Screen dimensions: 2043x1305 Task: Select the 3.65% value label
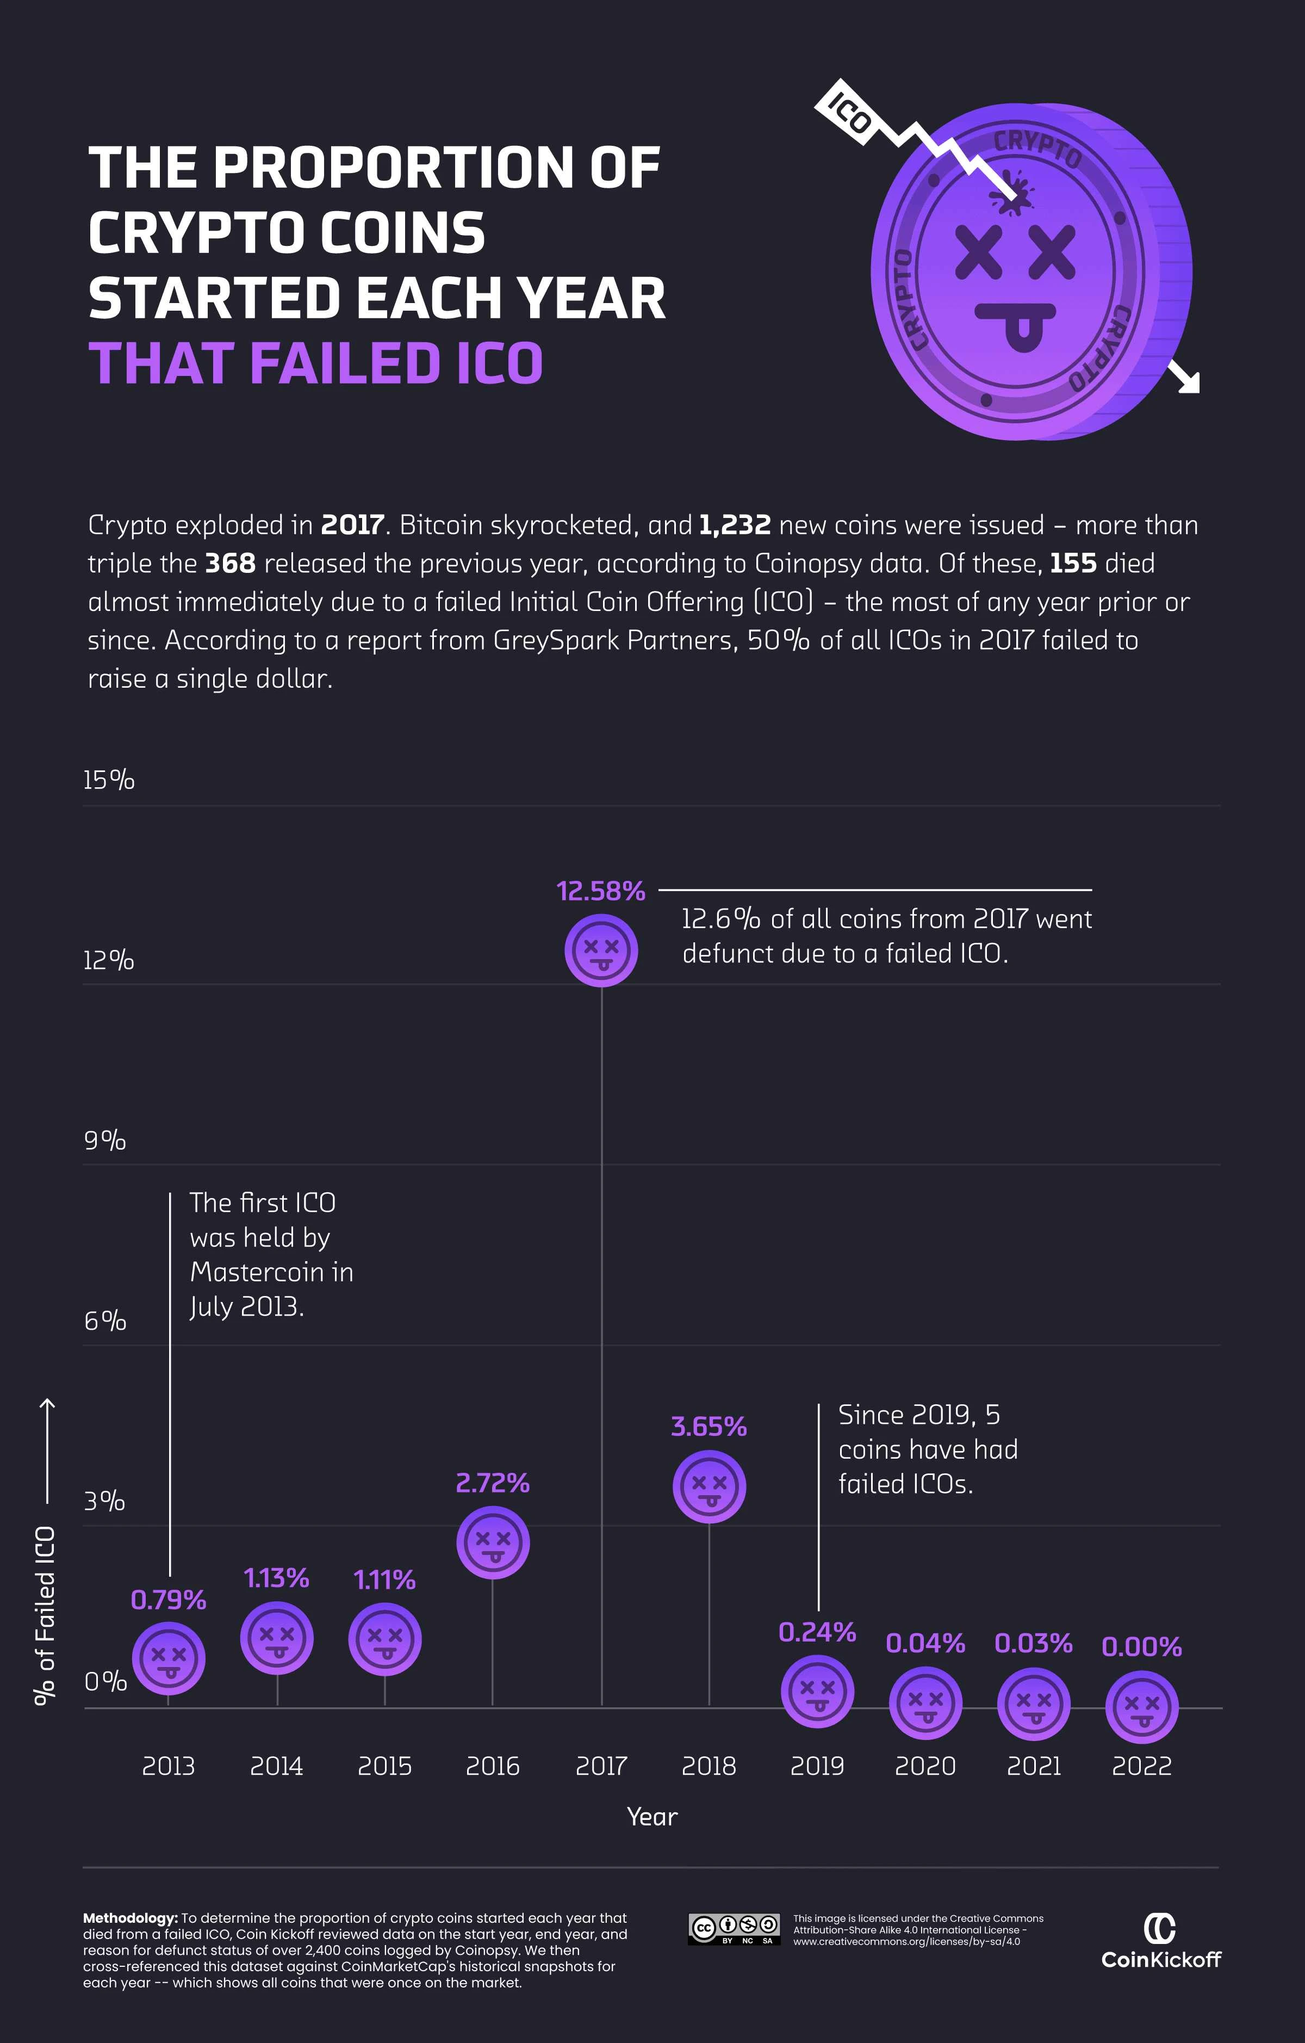[709, 1426]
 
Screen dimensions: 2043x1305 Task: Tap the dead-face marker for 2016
[493, 1541]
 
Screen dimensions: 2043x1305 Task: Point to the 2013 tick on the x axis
[168, 1767]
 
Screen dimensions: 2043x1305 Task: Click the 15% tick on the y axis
[109, 780]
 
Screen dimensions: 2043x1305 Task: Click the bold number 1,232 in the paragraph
[734, 525]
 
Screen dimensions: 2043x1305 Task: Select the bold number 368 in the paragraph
[230, 563]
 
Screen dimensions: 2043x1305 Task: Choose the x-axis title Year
[652, 1817]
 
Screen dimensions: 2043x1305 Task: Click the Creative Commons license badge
[734, 1929]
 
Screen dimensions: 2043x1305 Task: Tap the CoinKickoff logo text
[1161, 1959]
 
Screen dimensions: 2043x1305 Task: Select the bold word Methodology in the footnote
[130, 1918]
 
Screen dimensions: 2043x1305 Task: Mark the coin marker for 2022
[1141, 1706]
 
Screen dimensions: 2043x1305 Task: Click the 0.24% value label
[817, 1632]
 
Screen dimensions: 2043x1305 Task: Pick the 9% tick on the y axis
[104, 1140]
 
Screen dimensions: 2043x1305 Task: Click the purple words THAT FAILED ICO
[315, 363]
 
